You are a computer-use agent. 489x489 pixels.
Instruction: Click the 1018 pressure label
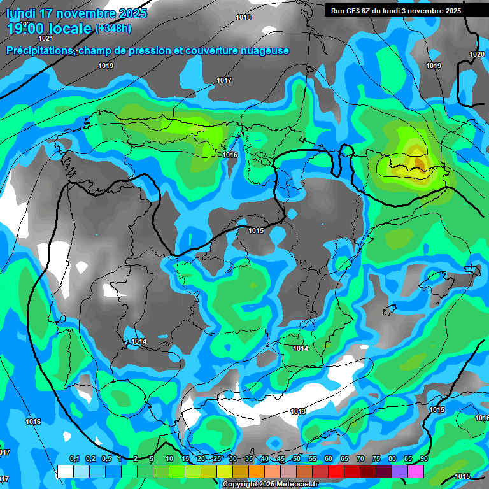(x=243, y=17)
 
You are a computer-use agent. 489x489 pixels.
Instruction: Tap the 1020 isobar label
(x=476, y=54)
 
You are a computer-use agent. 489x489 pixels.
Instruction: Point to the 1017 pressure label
(x=223, y=80)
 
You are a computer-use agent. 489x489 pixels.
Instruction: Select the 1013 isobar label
(x=298, y=411)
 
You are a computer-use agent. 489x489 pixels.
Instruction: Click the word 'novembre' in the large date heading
(x=89, y=13)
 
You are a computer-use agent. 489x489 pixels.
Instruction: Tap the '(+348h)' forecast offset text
(x=113, y=29)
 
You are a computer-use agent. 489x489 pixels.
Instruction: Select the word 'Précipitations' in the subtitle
(x=39, y=50)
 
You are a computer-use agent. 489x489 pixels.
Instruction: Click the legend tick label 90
(x=424, y=459)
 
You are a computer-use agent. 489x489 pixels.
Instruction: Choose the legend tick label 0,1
(x=74, y=459)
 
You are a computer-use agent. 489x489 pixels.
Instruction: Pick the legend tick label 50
(x=297, y=459)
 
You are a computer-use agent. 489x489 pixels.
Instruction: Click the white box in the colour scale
(x=65, y=471)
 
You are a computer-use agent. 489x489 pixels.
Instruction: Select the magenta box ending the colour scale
(x=416, y=471)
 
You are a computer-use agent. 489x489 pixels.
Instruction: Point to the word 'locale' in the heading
(x=71, y=29)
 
